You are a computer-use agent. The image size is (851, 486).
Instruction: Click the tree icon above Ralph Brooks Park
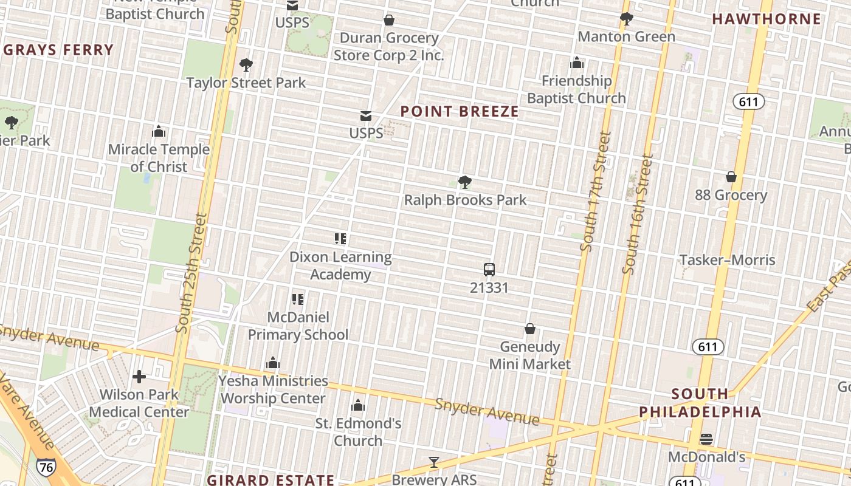pos(465,182)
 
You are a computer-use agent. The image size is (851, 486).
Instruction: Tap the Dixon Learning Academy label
pos(340,265)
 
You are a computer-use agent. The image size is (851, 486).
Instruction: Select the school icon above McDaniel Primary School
pos(298,299)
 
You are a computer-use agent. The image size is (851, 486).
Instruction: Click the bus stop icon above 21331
pos(489,270)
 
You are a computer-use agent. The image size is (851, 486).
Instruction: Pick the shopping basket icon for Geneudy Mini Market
pos(530,329)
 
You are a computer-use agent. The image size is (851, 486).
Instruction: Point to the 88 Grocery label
pos(731,195)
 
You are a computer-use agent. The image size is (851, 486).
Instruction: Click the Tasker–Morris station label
pos(727,260)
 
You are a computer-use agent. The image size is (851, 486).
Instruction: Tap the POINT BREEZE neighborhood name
pos(460,111)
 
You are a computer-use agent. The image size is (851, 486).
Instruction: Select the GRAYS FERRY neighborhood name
pos(58,50)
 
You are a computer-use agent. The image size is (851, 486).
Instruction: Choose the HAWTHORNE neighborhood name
pos(767,19)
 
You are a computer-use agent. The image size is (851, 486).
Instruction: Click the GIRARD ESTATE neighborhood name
pos(270,479)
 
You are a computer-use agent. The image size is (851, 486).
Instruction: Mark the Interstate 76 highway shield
pos(45,467)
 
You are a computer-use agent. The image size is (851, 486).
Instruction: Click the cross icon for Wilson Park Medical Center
pos(139,377)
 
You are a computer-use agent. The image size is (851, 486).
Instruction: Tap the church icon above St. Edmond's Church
pos(358,405)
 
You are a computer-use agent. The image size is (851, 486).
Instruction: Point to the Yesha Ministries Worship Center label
pos(274,389)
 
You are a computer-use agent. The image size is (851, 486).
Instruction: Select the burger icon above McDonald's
pos(706,439)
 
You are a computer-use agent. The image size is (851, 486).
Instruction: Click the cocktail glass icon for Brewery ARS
pos(433,463)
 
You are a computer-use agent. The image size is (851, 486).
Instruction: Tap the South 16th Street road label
pos(638,214)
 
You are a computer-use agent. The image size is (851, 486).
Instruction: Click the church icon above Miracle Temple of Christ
pos(159,131)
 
